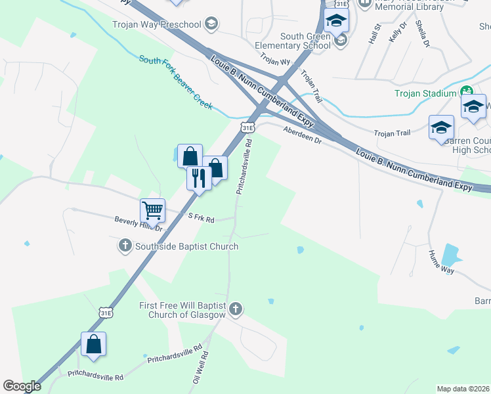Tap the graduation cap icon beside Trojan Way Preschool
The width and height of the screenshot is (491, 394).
[x=210, y=25]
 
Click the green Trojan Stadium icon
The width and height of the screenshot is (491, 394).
[x=467, y=93]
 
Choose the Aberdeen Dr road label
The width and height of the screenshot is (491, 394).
[x=303, y=135]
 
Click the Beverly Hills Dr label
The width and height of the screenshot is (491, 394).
[x=138, y=223]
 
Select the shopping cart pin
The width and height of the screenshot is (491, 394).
[x=152, y=211]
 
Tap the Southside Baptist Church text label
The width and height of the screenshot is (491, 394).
[x=186, y=246]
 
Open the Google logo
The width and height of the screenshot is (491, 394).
[x=22, y=386]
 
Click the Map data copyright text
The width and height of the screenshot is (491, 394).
[x=463, y=389]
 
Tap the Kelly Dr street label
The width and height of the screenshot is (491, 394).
[x=398, y=32]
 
